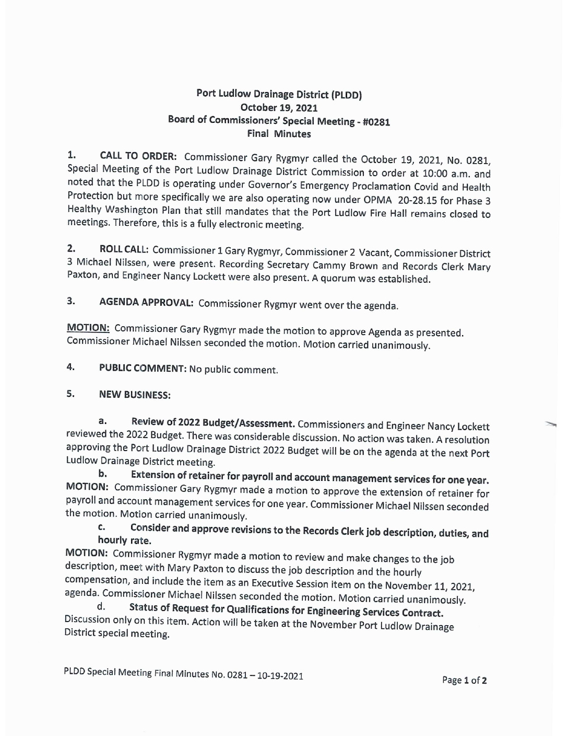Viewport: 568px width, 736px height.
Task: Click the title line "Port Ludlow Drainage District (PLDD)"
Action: [x=279, y=94]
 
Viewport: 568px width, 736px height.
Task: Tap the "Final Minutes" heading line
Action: [x=279, y=134]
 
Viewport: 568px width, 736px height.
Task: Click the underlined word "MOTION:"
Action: [x=88, y=328]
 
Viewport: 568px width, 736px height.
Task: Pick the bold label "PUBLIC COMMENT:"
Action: [x=143, y=368]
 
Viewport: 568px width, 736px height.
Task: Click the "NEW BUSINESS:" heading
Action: [x=135, y=395]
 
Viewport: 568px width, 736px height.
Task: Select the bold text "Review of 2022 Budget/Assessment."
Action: [x=214, y=422]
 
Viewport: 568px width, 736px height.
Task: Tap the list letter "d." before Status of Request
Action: [x=101, y=607]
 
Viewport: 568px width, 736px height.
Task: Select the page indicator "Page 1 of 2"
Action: [x=465, y=680]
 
